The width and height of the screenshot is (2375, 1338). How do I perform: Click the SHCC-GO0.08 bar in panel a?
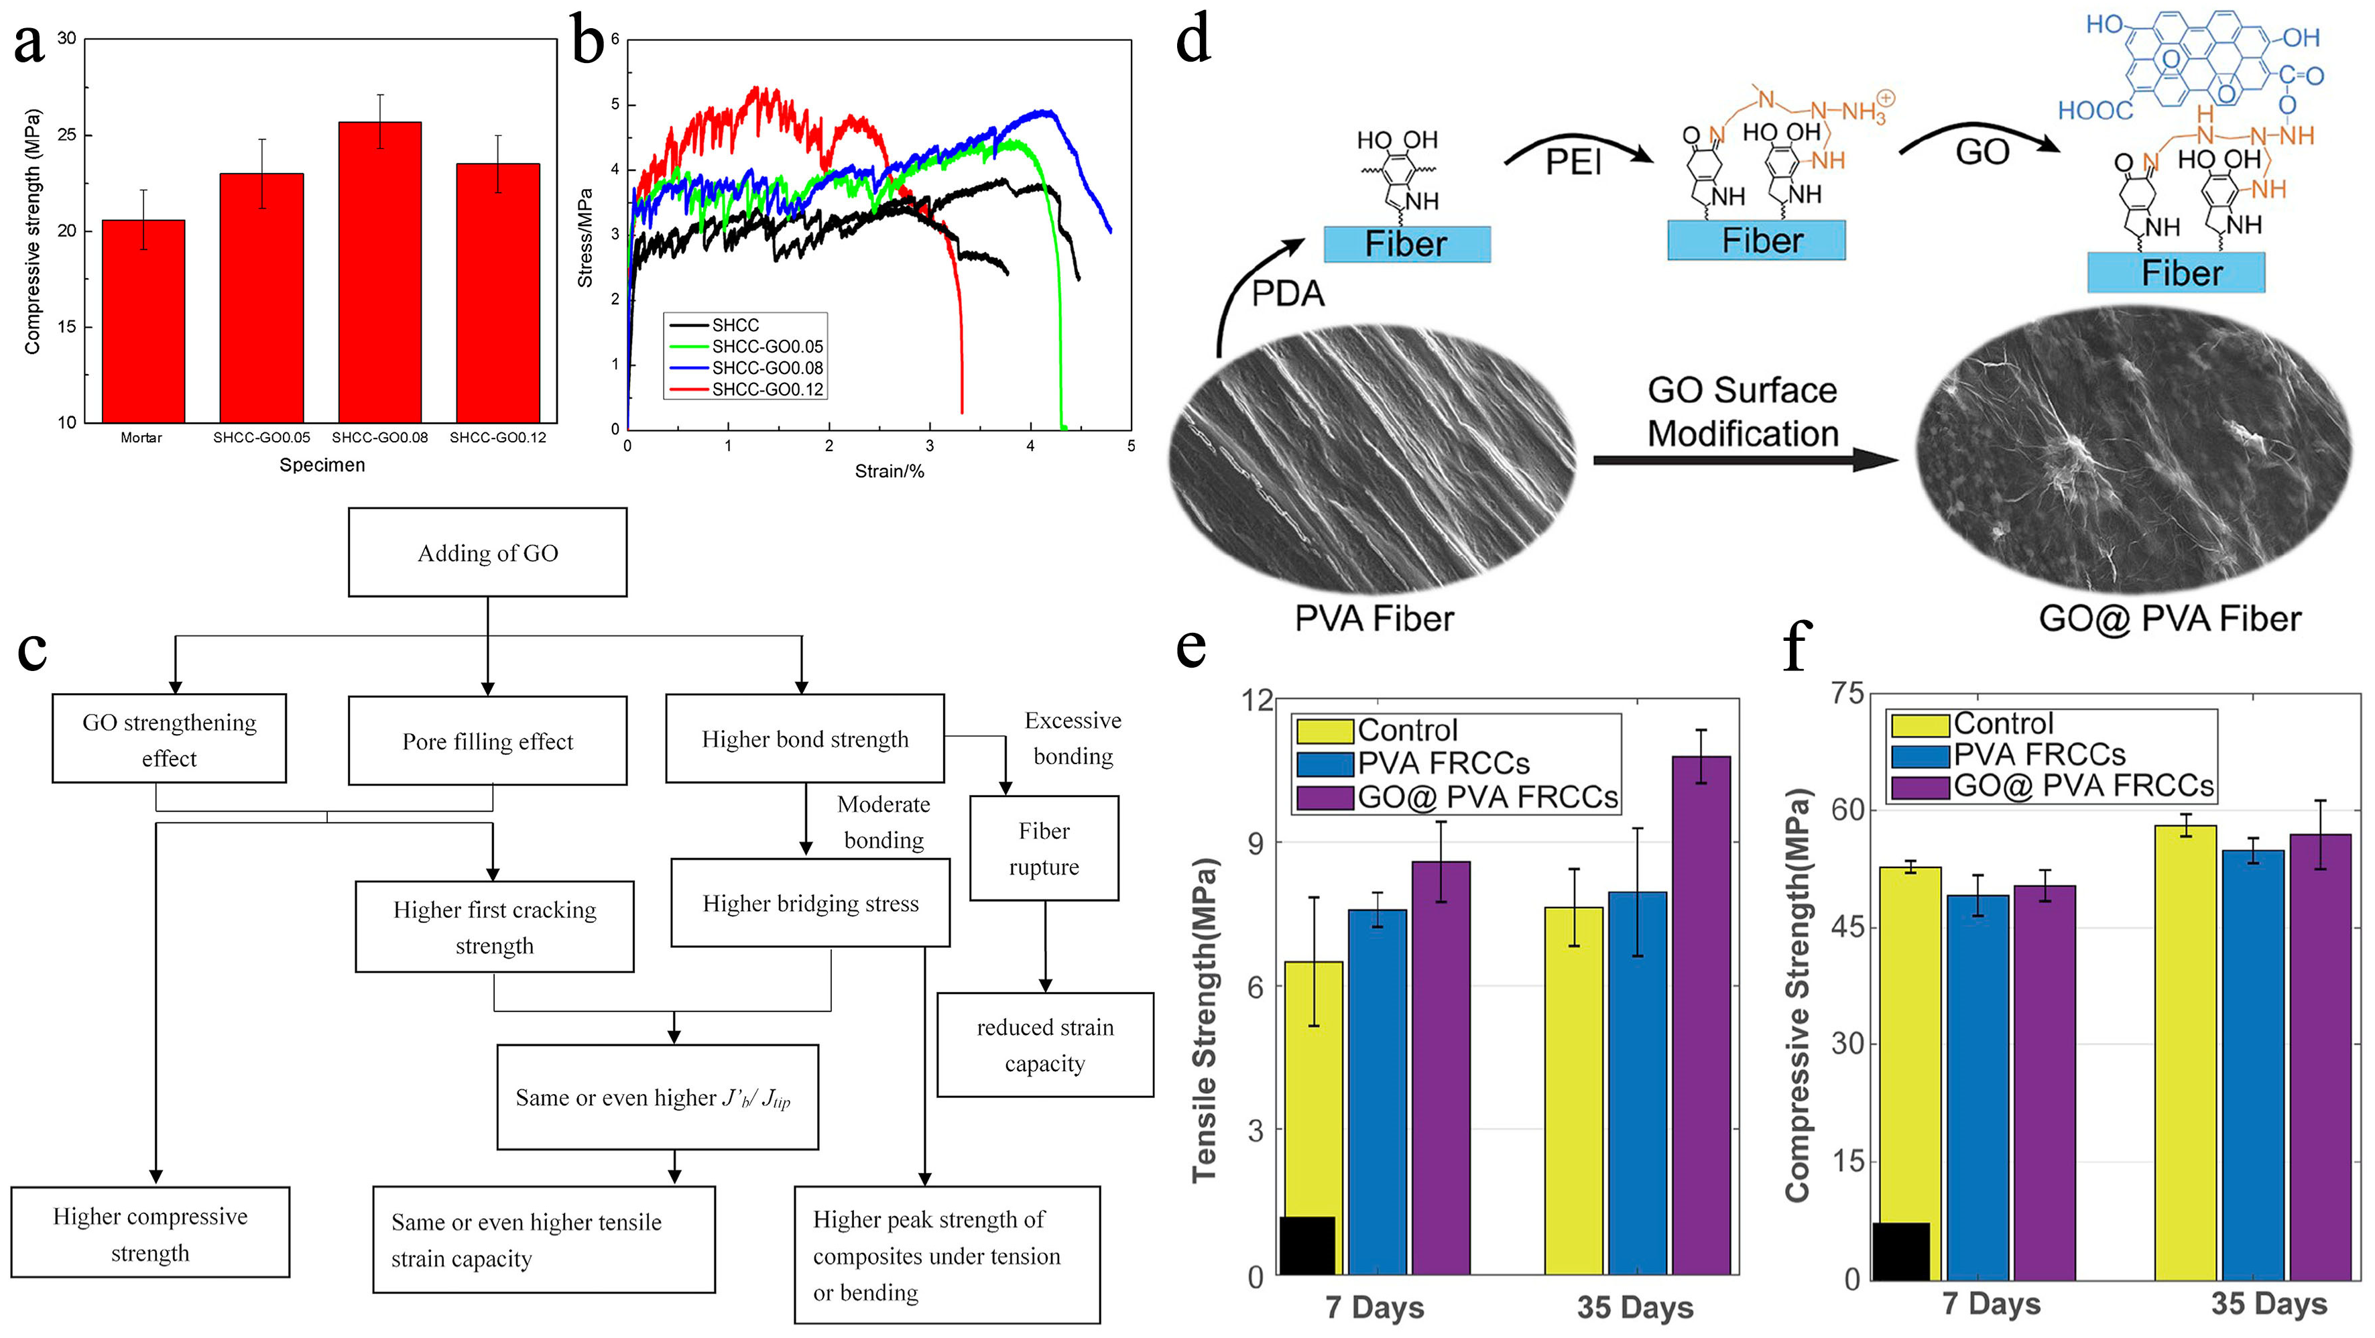coord(380,272)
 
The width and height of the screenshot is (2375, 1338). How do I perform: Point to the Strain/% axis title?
coord(889,471)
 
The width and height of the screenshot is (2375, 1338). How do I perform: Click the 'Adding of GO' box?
coord(488,552)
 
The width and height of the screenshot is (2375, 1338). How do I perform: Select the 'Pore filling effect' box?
coord(488,741)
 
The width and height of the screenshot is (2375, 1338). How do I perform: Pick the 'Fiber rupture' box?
coord(1044,849)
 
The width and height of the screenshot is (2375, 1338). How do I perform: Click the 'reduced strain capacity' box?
coord(1044,1045)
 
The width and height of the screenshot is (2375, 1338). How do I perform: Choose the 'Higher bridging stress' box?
coord(810,903)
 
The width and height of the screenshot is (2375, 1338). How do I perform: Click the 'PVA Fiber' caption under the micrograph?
coord(1374,618)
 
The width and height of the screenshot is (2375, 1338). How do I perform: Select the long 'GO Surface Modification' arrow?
coord(1742,459)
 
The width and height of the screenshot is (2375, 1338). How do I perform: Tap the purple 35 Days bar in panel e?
coord(1701,1014)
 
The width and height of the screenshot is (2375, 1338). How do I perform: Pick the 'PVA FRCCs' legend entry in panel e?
coord(1443,764)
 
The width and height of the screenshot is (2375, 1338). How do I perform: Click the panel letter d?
coord(1193,42)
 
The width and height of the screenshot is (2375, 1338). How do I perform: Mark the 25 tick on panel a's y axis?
coord(66,135)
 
